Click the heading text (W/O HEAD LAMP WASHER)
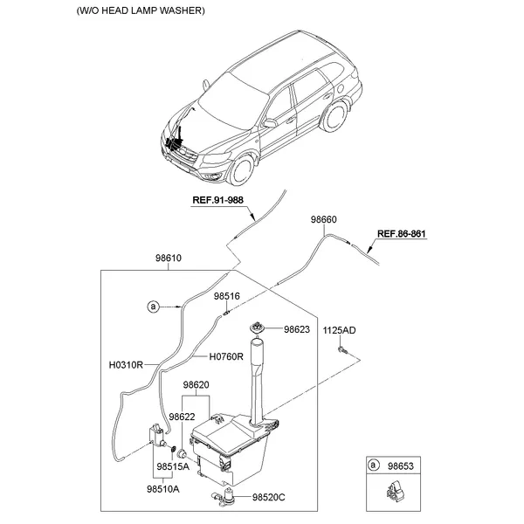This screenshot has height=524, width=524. pyautogui.click(x=141, y=11)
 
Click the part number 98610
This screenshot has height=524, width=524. pyautogui.click(x=169, y=259)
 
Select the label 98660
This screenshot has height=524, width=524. pyautogui.click(x=323, y=220)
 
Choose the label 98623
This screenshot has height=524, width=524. pyautogui.click(x=296, y=330)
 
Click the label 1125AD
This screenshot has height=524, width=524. pyautogui.click(x=340, y=330)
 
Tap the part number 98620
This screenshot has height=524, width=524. pyautogui.click(x=196, y=385)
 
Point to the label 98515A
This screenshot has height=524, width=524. pyautogui.click(x=173, y=466)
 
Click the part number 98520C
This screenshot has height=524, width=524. pyautogui.click(x=270, y=498)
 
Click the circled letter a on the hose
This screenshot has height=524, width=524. pyautogui.click(x=153, y=307)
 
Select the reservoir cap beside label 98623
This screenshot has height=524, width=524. pyautogui.click(x=259, y=327)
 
